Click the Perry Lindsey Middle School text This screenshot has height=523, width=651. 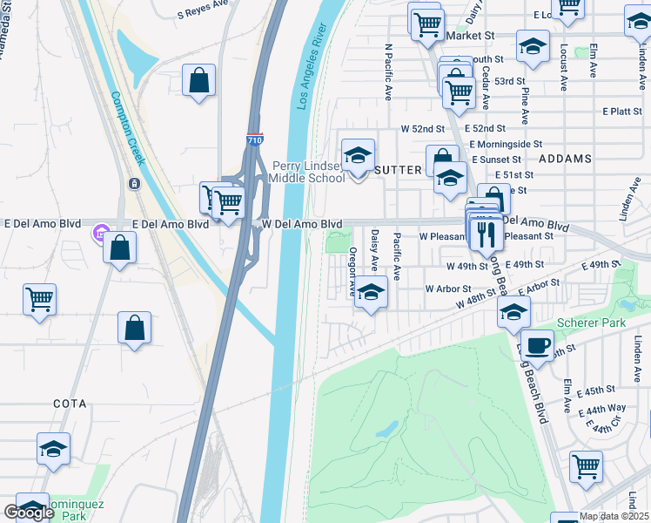307,172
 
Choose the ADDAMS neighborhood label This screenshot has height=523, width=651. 565,160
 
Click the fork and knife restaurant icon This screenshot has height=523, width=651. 485,233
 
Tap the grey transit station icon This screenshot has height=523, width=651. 135,183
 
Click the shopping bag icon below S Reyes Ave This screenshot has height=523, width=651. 199,80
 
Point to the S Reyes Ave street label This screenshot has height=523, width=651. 208,13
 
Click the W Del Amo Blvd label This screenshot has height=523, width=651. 302,224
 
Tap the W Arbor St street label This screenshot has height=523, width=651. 447,289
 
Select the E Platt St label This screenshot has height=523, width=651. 621,112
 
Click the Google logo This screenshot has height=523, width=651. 29,513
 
